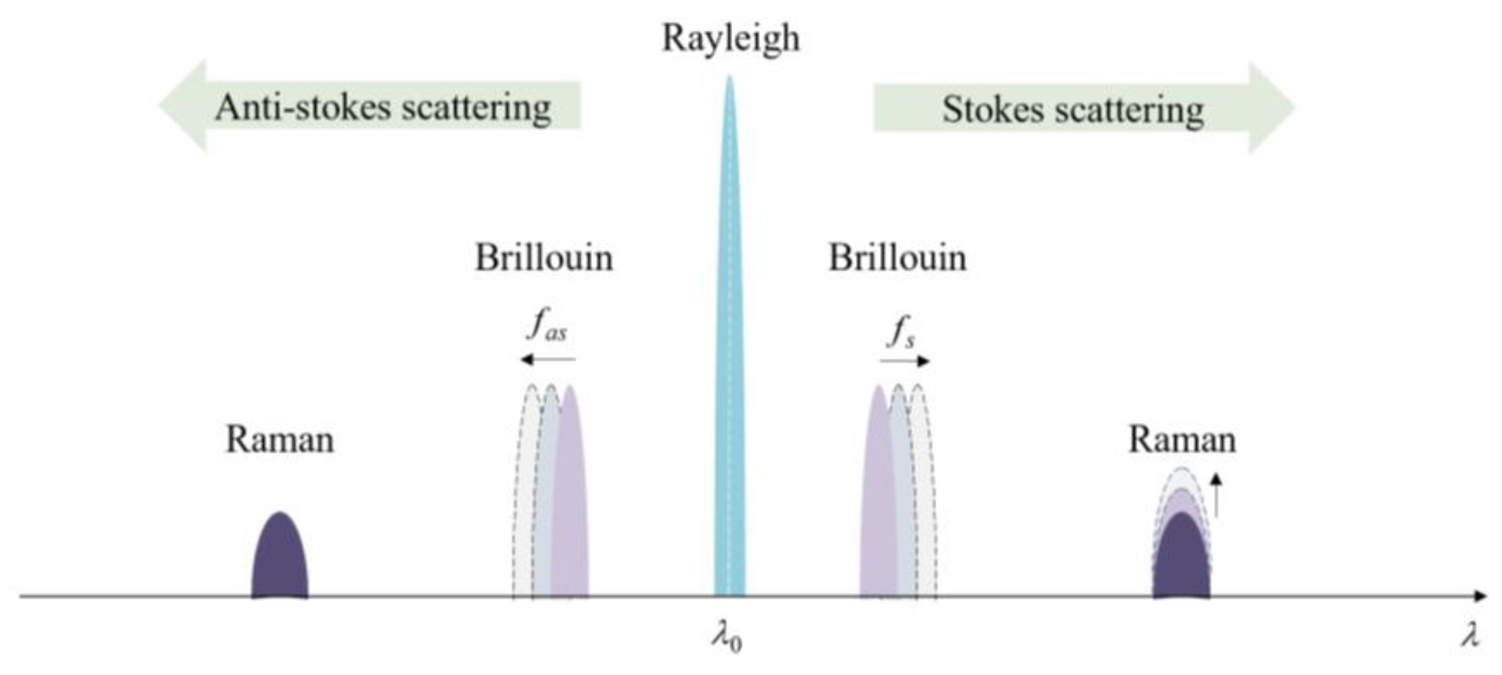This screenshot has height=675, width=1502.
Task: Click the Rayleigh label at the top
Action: click(730, 39)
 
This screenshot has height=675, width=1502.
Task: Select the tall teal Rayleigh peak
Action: click(729, 350)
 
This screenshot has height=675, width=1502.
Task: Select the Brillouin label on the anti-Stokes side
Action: click(543, 258)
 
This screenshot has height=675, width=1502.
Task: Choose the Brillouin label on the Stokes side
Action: click(897, 258)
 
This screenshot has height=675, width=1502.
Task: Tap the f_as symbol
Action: click(547, 327)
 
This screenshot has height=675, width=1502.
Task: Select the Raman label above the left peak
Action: click(280, 439)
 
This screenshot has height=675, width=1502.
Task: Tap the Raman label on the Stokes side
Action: click(1182, 439)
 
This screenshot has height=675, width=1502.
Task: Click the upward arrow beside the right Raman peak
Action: click(1215, 495)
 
